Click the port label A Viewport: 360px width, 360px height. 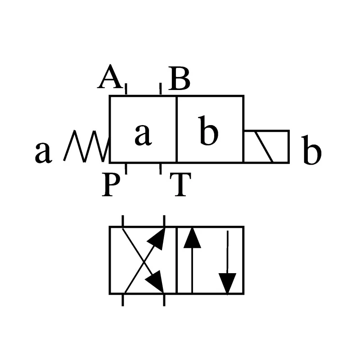tap(109, 76)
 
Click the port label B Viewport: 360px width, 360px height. tap(179, 78)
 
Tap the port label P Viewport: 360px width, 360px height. tap(111, 184)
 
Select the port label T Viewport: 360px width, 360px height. tap(180, 184)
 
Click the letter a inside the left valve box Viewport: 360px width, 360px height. tap(143, 134)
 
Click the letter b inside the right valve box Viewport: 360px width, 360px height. tap(208, 130)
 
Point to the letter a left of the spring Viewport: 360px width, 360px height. tap(43, 152)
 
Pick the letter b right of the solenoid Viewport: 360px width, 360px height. tap(311, 150)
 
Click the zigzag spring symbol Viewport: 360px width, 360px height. tap(86, 146)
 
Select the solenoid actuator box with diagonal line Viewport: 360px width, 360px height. tap(266, 147)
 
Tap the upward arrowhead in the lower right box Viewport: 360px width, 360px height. tap(192, 238)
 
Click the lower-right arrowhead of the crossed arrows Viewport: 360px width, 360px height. tap(155, 282)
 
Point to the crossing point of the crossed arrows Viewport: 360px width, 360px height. tap(144, 261)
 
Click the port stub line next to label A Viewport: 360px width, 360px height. tap(126, 89)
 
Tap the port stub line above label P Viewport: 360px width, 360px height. tap(126, 169)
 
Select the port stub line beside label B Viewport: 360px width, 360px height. tap(161, 89)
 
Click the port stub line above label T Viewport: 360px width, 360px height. tap(161, 169)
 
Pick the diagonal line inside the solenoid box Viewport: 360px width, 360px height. tap(265, 147)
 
